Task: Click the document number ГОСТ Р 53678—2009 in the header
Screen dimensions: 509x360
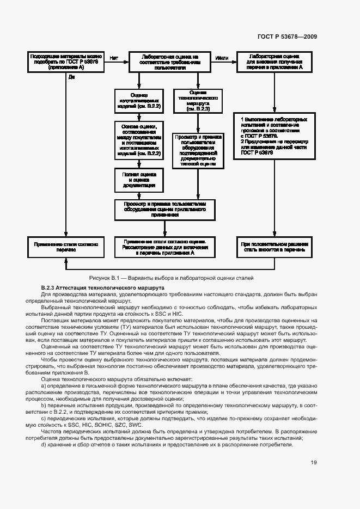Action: point(287,36)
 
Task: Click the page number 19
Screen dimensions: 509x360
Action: point(314,463)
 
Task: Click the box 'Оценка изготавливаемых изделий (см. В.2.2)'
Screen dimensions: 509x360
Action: point(139,101)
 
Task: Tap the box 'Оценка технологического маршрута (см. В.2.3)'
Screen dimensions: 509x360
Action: point(198,101)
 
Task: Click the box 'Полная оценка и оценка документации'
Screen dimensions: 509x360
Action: point(139,180)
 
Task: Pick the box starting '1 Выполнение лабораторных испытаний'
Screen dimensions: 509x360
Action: point(273,136)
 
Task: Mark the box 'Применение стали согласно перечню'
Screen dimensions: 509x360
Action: point(65,248)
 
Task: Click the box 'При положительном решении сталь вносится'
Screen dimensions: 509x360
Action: point(273,248)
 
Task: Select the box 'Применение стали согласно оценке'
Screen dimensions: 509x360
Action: point(164,247)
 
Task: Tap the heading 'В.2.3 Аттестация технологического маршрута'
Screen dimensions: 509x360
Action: point(102,287)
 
